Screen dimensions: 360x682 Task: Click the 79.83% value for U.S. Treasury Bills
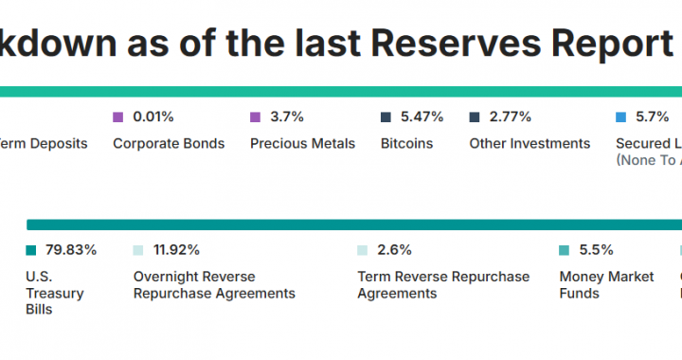coord(71,250)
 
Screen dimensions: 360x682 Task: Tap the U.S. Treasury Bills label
coord(55,293)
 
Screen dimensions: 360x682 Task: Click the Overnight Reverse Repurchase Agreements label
coord(214,285)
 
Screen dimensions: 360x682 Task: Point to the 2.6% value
coord(394,250)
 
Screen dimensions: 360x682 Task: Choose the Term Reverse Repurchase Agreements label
coord(443,285)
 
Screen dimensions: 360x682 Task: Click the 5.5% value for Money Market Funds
coord(596,250)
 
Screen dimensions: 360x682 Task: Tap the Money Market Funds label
coord(606,285)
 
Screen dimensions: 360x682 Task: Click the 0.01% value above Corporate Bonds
coord(153,117)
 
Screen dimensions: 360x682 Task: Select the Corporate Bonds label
coord(169,143)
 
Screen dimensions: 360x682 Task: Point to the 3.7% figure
coord(286,117)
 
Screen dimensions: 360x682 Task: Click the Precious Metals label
coord(302,143)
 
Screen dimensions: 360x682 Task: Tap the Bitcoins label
coord(406,143)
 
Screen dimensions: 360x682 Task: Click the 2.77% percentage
coord(511,117)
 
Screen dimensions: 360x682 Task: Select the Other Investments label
coord(529,143)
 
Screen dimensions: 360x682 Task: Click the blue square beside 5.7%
coord(621,117)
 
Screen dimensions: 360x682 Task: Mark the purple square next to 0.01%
coord(118,117)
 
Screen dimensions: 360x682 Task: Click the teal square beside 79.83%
coord(31,251)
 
